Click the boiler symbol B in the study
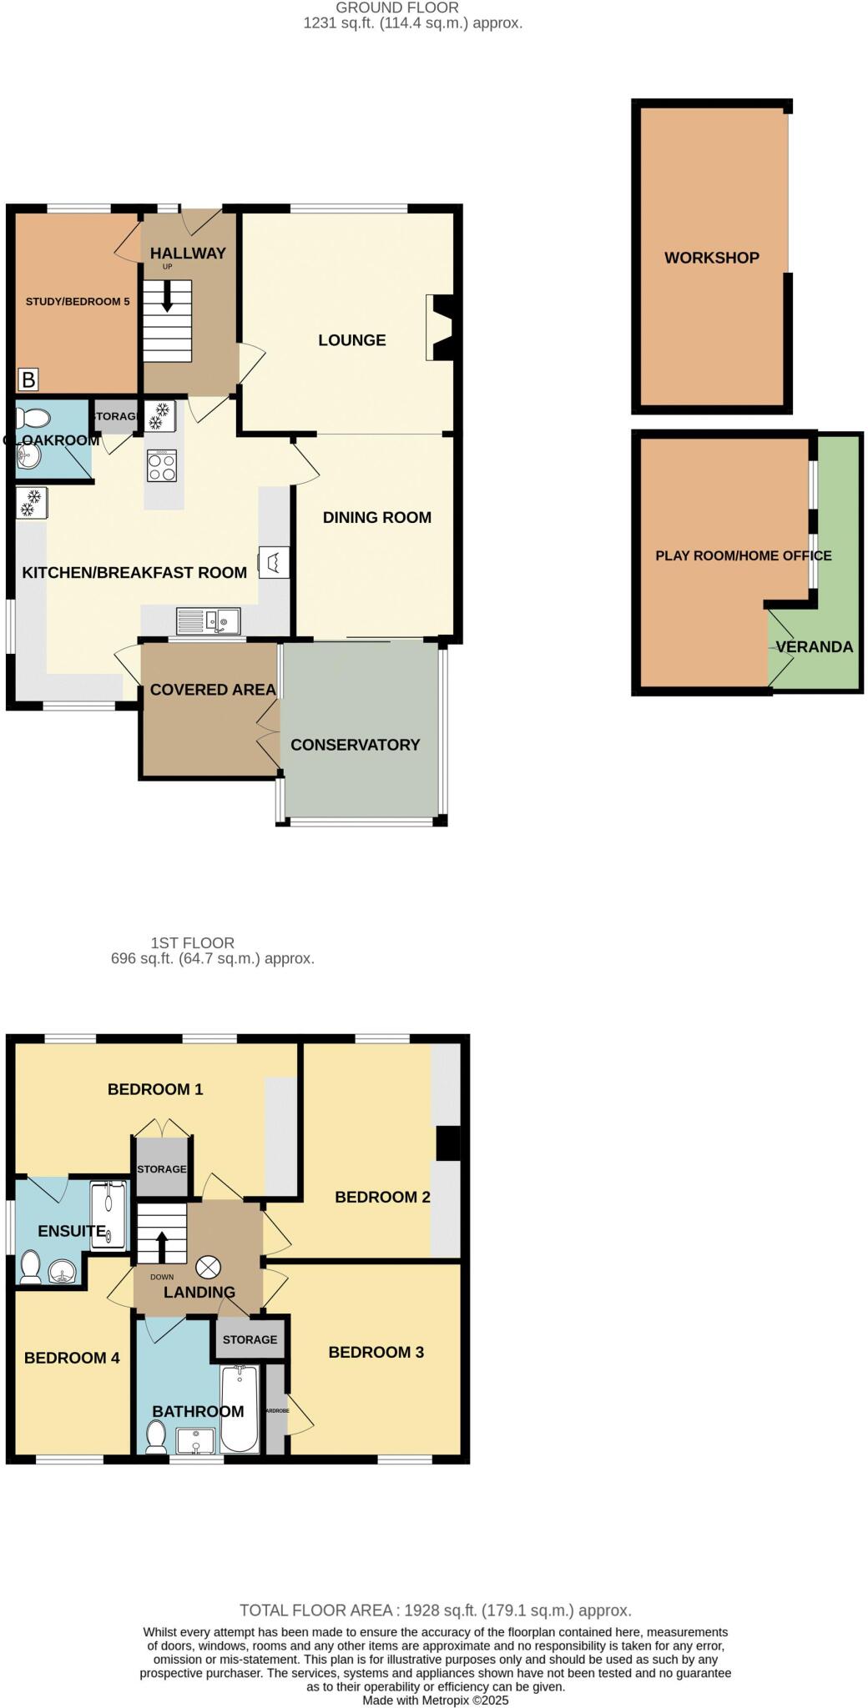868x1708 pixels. (x=28, y=380)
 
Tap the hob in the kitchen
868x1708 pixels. (x=162, y=465)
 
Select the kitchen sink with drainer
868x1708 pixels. (x=208, y=620)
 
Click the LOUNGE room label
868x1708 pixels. (x=351, y=340)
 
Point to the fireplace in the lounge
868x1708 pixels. (x=441, y=328)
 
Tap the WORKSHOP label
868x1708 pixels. (x=711, y=258)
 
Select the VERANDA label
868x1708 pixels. (x=814, y=647)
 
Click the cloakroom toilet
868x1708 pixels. (x=32, y=416)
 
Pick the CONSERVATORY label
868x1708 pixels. (x=355, y=745)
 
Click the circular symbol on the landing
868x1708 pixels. (x=208, y=1268)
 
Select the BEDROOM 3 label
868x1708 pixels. (x=376, y=1352)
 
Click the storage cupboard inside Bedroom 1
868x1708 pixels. (x=161, y=1168)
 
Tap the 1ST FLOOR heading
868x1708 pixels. (x=192, y=942)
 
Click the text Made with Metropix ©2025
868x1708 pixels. (x=435, y=1700)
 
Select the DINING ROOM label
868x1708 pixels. (x=376, y=517)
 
